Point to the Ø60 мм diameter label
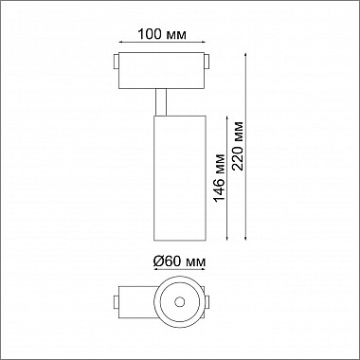(x=181, y=261)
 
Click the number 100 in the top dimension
(x=149, y=34)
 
